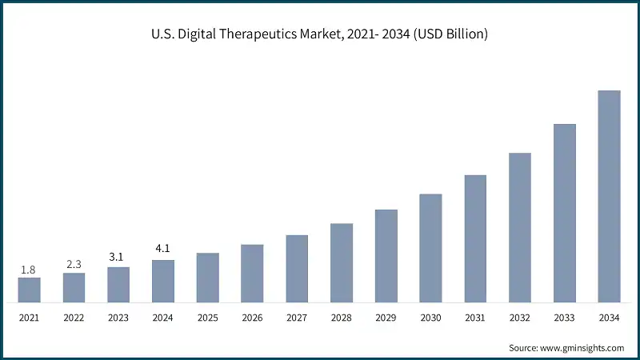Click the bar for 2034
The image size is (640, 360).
[x=609, y=197]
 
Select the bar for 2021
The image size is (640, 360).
[x=29, y=290]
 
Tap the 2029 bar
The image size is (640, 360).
[x=386, y=256]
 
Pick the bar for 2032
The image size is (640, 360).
[x=520, y=228]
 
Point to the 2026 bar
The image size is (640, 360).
[x=252, y=274]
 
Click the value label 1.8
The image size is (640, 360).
[x=28, y=270]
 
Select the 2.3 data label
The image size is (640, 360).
[x=74, y=265]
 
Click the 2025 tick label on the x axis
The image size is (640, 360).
[x=207, y=318]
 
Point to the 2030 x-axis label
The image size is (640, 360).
[x=430, y=318]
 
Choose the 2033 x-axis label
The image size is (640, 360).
[x=565, y=318]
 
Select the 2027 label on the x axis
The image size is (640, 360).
[x=297, y=318]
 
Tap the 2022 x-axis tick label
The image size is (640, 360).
[x=74, y=318]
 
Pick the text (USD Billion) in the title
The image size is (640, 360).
[x=450, y=34]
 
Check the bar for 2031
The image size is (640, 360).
[x=475, y=239]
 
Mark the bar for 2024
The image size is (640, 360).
[x=163, y=282]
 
